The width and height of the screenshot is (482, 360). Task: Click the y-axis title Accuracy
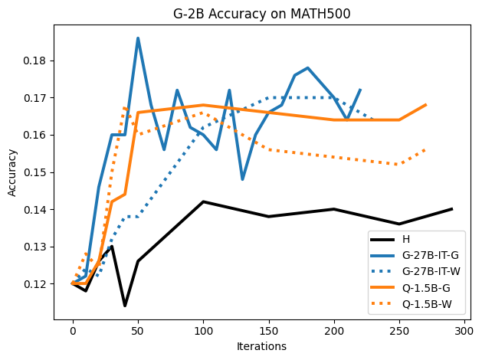[x=12, y=172]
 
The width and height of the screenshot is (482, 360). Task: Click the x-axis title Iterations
[x=261, y=346]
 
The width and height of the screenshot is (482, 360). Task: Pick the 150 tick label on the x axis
[x=268, y=330]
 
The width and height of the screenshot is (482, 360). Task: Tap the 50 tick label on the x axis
[x=138, y=330]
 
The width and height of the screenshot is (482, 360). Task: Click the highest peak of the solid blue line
[x=138, y=38]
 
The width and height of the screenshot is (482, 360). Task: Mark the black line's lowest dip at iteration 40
[x=125, y=306]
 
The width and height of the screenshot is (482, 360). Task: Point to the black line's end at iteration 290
[x=451, y=209]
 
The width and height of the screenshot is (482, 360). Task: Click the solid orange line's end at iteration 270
[x=425, y=105]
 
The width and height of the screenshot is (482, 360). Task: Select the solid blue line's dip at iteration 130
[x=242, y=179]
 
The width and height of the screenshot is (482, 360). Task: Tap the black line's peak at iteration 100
[x=203, y=201]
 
